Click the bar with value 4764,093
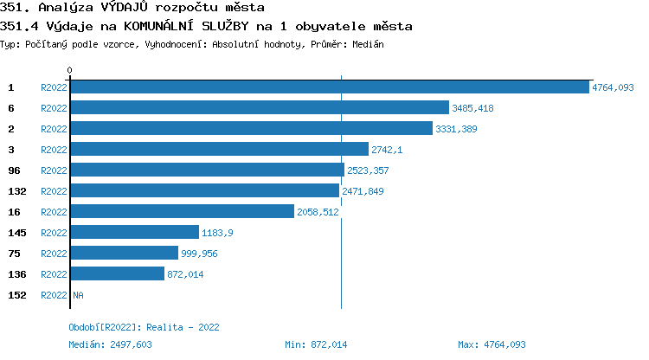(329, 87)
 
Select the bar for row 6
(260, 108)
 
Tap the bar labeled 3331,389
(251, 129)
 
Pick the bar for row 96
(207, 170)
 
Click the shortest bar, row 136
(117, 274)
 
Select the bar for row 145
(134, 233)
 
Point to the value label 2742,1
(387, 150)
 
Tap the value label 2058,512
(318, 212)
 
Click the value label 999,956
(199, 254)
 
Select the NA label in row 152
(78, 295)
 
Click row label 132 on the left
(16, 191)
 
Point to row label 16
(14, 212)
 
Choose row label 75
(14, 254)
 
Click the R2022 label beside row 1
(54, 87)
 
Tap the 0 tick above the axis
(70, 70)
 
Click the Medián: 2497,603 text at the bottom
(111, 344)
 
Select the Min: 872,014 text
(316, 344)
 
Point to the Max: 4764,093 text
(492, 344)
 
